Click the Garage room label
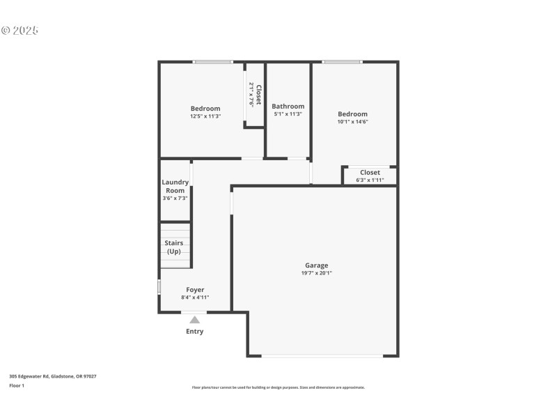tap(316, 265)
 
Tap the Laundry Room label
tap(175, 186)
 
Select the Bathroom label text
tap(288, 107)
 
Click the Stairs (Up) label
tap(174, 247)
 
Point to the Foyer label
tap(195, 290)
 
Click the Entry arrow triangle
tap(195, 320)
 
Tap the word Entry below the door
tap(195, 332)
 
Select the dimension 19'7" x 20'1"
tap(316, 273)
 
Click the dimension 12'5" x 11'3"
tap(205, 116)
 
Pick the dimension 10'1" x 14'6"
tap(352, 122)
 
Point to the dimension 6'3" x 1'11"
tap(370, 180)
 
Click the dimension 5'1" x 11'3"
tap(288, 114)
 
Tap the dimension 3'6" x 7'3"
tap(175, 199)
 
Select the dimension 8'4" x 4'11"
tap(195, 297)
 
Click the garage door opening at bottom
tap(322, 357)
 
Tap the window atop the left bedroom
tap(213, 62)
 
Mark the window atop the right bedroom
tap(342, 62)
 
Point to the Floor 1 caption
tap(17, 385)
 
